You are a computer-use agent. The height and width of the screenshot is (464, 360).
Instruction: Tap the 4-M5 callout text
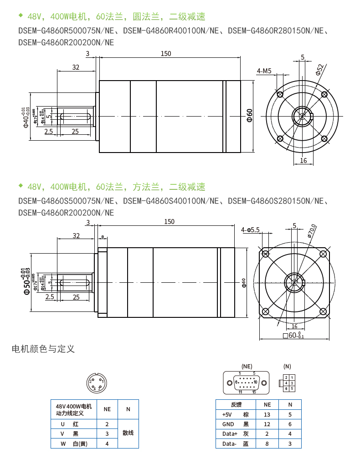[x=264, y=71]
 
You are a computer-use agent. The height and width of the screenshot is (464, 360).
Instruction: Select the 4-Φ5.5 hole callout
[x=250, y=230]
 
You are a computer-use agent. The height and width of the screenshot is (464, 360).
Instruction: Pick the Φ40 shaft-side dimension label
[x=26, y=117]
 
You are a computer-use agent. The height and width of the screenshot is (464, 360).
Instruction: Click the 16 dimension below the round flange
[x=303, y=160]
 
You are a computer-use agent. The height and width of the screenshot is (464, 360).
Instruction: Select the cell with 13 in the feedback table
[x=267, y=414]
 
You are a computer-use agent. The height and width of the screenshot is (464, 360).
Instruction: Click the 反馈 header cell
[x=236, y=404]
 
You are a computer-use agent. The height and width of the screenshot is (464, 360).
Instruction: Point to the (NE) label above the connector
[x=247, y=366]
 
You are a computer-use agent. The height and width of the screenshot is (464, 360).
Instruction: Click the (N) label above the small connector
[x=287, y=366]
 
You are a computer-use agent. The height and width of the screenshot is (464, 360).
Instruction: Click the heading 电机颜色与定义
[x=43, y=349]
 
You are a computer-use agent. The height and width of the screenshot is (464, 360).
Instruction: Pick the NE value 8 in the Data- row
[x=267, y=444]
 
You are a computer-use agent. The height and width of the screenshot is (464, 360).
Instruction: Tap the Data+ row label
[x=230, y=434]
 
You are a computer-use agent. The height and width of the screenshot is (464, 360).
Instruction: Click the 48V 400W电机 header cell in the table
[x=73, y=409]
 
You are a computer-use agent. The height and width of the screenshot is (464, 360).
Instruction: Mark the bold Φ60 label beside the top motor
[x=249, y=116]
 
